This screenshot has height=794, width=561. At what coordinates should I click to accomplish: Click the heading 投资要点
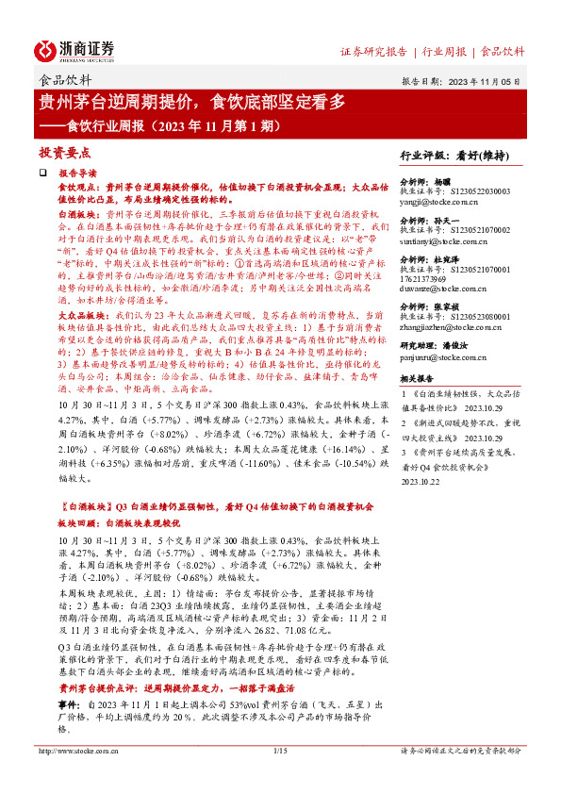[64, 152]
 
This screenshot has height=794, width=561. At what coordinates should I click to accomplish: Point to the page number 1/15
[280, 776]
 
